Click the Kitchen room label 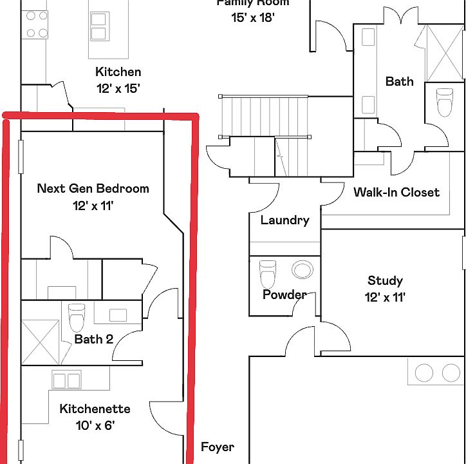118,72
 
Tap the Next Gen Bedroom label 93,189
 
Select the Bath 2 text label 93,339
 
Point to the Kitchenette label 95,409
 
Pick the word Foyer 217,447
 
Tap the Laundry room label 284,220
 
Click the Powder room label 284,295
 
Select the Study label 385,280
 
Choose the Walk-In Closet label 396,192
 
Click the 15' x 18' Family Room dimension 253,18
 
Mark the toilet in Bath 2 77,316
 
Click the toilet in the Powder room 267,273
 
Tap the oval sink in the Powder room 301,269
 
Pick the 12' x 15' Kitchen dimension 118,89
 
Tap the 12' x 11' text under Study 385,297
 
